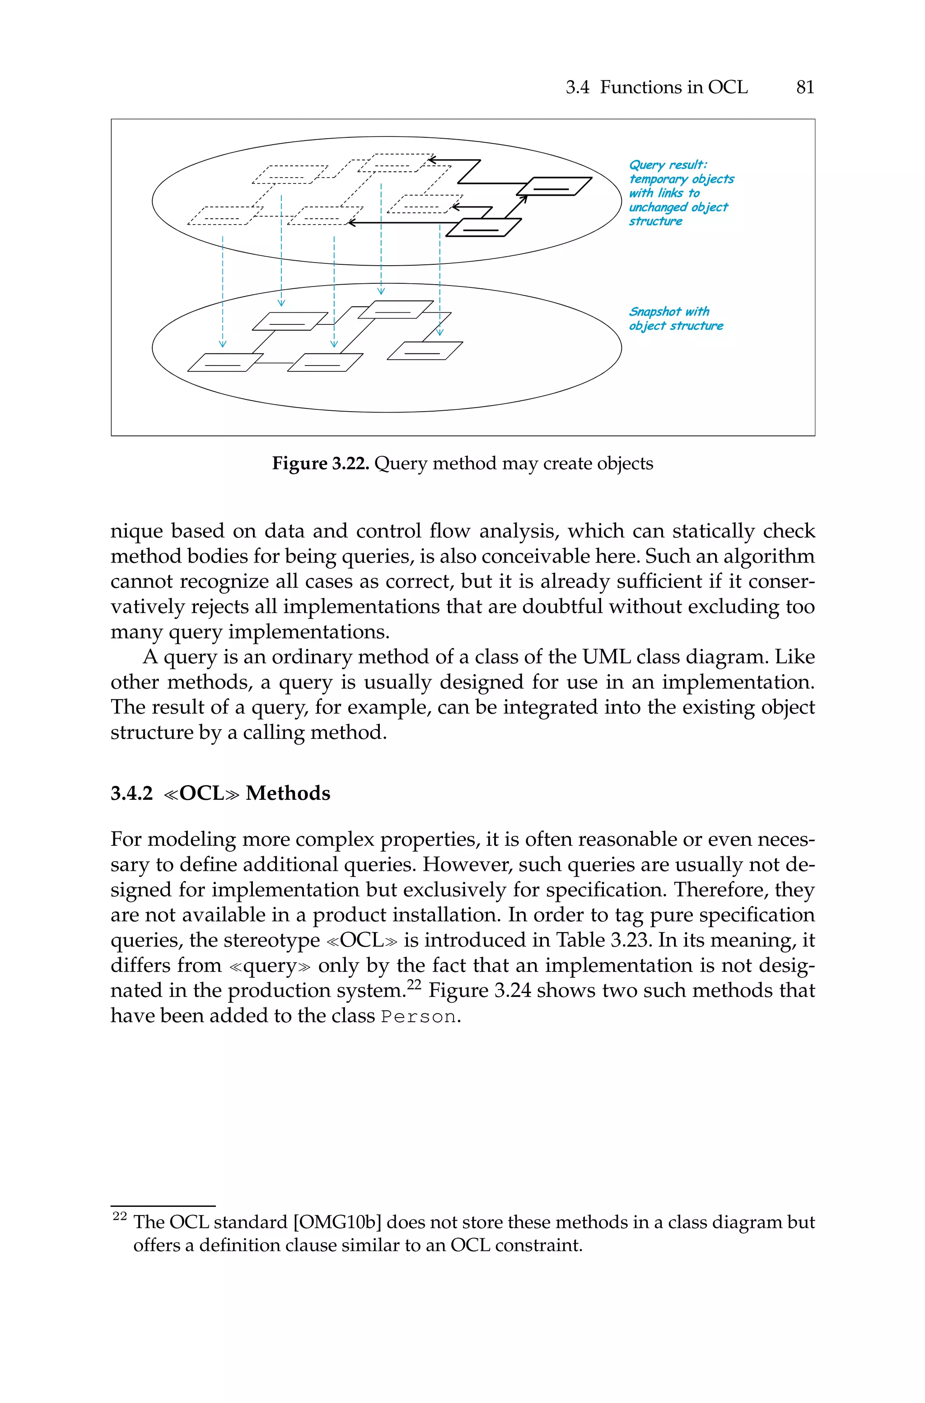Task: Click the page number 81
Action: pyautogui.click(x=805, y=87)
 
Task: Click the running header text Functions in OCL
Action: pyautogui.click(x=674, y=87)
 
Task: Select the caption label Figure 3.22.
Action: pyautogui.click(x=320, y=463)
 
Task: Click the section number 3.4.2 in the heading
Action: pyautogui.click(x=131, y=793)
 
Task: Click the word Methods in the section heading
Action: pyautogui.click(x=288, y=793)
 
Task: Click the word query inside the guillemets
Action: pyautogui.click(x=270, y=966)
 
